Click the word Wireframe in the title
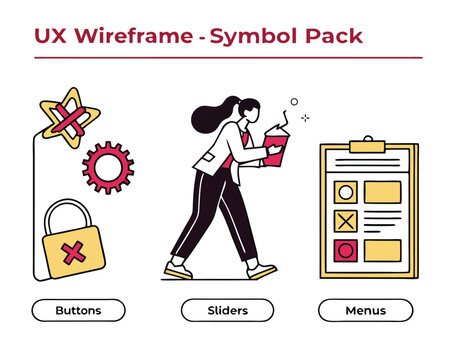click(134, 35)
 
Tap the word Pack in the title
click(334, 35)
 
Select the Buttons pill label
click(79, 310)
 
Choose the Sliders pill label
click(228, 310)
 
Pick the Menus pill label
click(366, 310)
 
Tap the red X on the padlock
click(73, 253)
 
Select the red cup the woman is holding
click(276, 147)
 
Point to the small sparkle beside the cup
click(305, 118)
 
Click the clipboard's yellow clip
click(367, 146)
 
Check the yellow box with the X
click(346, 221)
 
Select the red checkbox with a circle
click(346, 250)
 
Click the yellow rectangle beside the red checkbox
click(382, 250)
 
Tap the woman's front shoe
click(262, 271)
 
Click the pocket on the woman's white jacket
click(208, 157)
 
